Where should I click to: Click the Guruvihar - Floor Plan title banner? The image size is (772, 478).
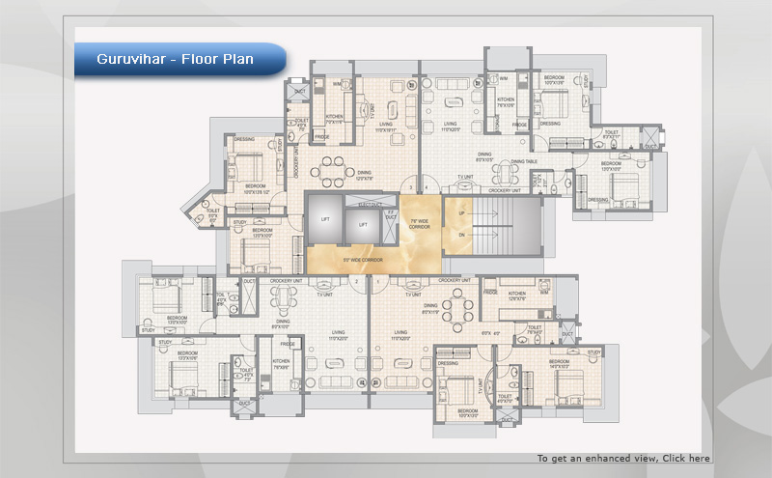[x=176, y=60]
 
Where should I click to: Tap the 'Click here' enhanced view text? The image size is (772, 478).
[x=685, y=458]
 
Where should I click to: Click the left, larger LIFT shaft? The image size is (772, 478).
[x=325, y=220]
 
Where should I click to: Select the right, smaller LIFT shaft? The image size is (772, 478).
[x=363, y=225]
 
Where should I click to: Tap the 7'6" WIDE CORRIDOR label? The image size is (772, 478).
[x=420, y=224]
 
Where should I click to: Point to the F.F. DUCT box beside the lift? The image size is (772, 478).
[x=391, y=215]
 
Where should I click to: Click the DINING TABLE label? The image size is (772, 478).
[x=523, y=161]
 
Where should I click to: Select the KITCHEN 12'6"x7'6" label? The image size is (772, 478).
[x=516, y=295]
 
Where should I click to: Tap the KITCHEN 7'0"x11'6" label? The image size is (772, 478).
[x=334, y=120]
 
